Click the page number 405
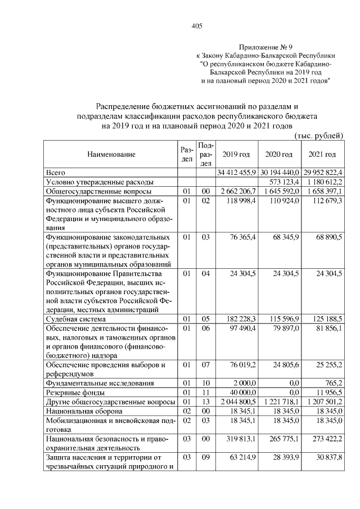click(x=196, y=26)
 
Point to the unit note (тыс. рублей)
click(x=318, y=136)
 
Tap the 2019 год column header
click(x=236, y=154)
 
